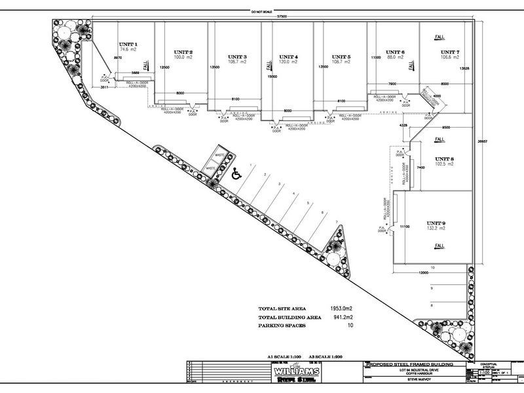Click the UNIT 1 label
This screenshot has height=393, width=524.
click(127, 45)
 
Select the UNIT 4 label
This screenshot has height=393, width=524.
click(288, 57)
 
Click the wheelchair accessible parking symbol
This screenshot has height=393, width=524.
click(235, 174)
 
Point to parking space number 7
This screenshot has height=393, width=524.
click(337, 223)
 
